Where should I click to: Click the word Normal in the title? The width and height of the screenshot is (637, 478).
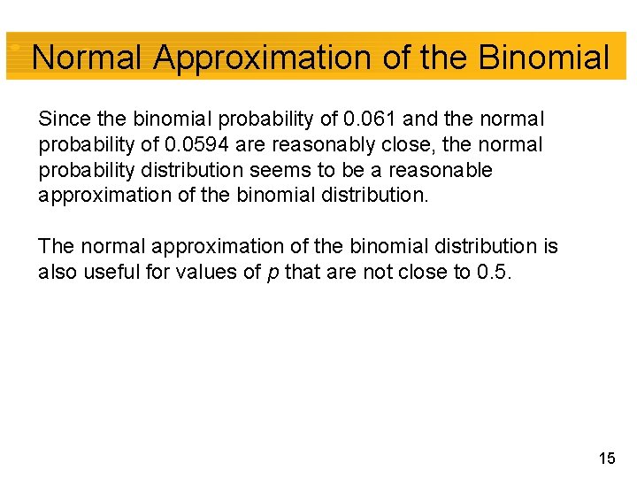(87, 58)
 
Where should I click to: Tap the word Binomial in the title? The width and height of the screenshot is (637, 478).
(543, 58)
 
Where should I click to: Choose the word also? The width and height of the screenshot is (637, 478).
(58, 272)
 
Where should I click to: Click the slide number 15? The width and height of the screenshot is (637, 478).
(606, 458)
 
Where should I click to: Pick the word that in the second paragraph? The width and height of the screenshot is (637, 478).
(301, 272)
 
